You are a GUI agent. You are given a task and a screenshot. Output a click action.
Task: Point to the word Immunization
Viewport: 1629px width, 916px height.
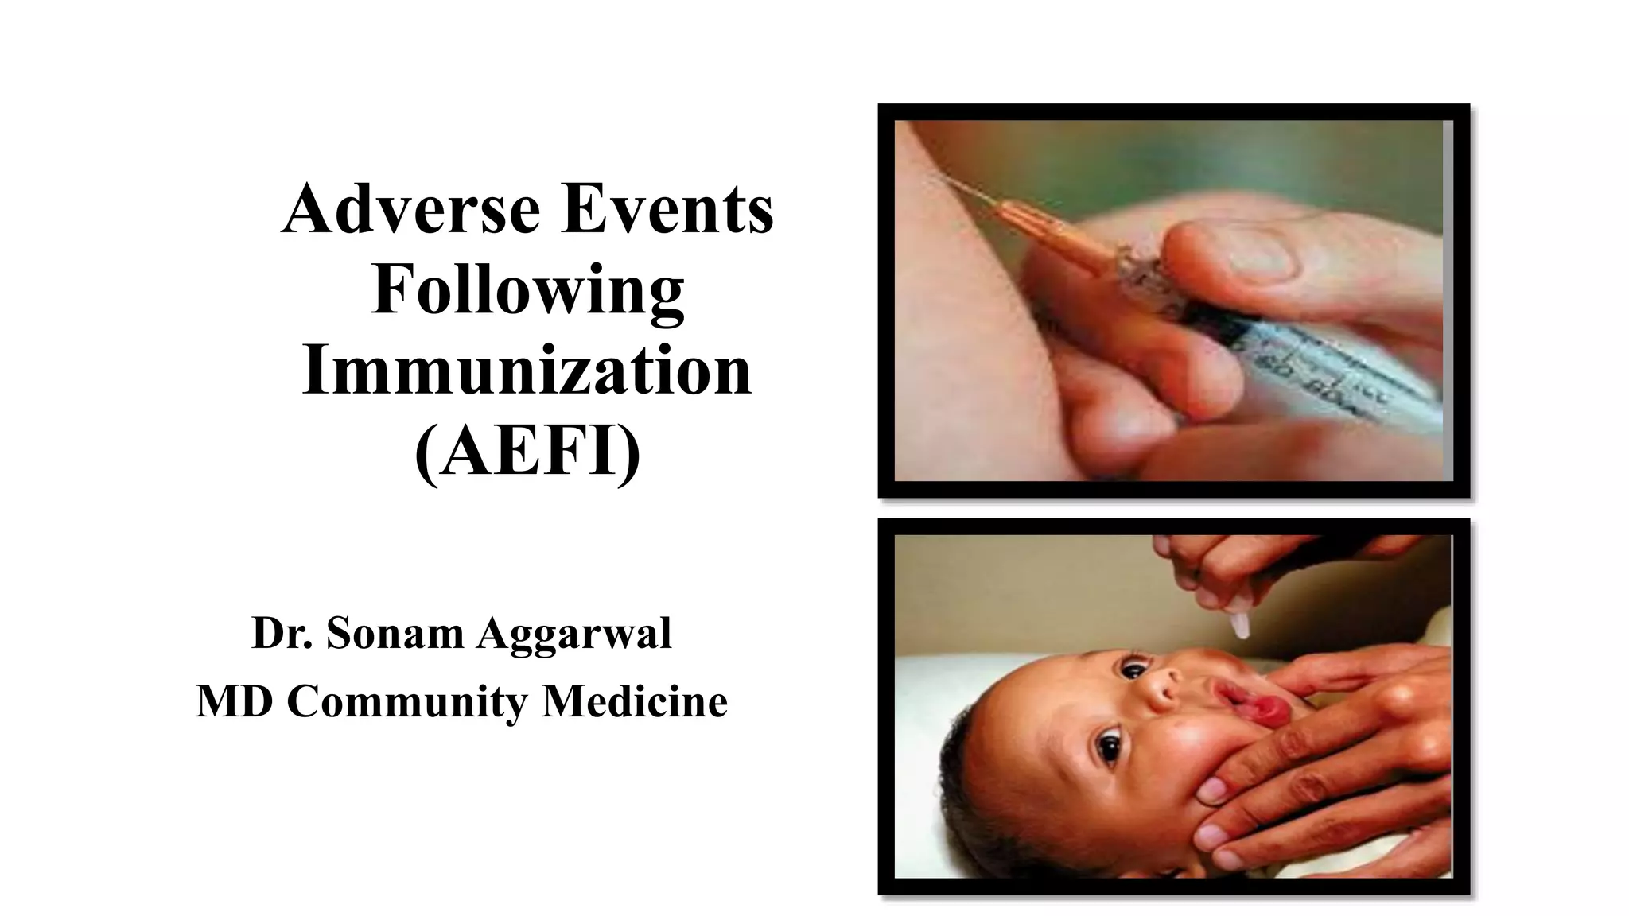tap(527, 371)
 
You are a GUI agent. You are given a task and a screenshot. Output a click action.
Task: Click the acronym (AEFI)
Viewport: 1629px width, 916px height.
tap(527, 451)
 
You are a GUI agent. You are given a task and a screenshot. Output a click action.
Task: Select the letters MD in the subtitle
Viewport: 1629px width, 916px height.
tap(235, 702)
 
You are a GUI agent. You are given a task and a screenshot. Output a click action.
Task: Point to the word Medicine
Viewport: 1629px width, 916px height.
tap(635, 702)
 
